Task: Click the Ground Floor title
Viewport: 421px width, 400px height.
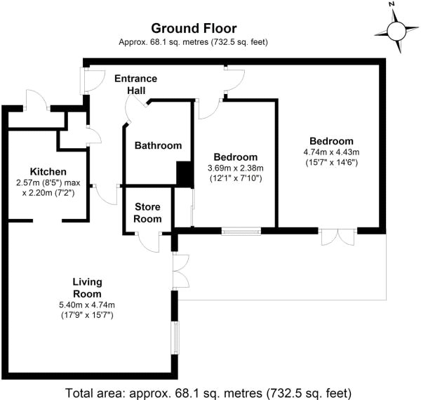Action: tap(194, 29)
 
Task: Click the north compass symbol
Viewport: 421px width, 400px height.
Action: tap(396, 30)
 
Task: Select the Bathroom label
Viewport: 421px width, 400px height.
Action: tap(158, 146)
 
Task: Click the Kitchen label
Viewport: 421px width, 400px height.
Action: tap(48, 172)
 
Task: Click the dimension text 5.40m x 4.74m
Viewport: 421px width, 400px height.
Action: tap(87, 305)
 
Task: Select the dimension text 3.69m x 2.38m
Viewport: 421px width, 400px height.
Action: tap(235, 168)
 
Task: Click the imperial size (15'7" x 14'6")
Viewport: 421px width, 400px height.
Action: tap(331, 163)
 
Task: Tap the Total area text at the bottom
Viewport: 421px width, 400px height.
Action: tap(208, 392)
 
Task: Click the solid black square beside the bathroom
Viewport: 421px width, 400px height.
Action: tap(184, 173)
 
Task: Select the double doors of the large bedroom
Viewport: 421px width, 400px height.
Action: tap(338, 237)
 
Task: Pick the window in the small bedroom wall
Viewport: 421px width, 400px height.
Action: tap(241, 230)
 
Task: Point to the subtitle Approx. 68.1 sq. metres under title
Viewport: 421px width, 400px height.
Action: tap(194, 42)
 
